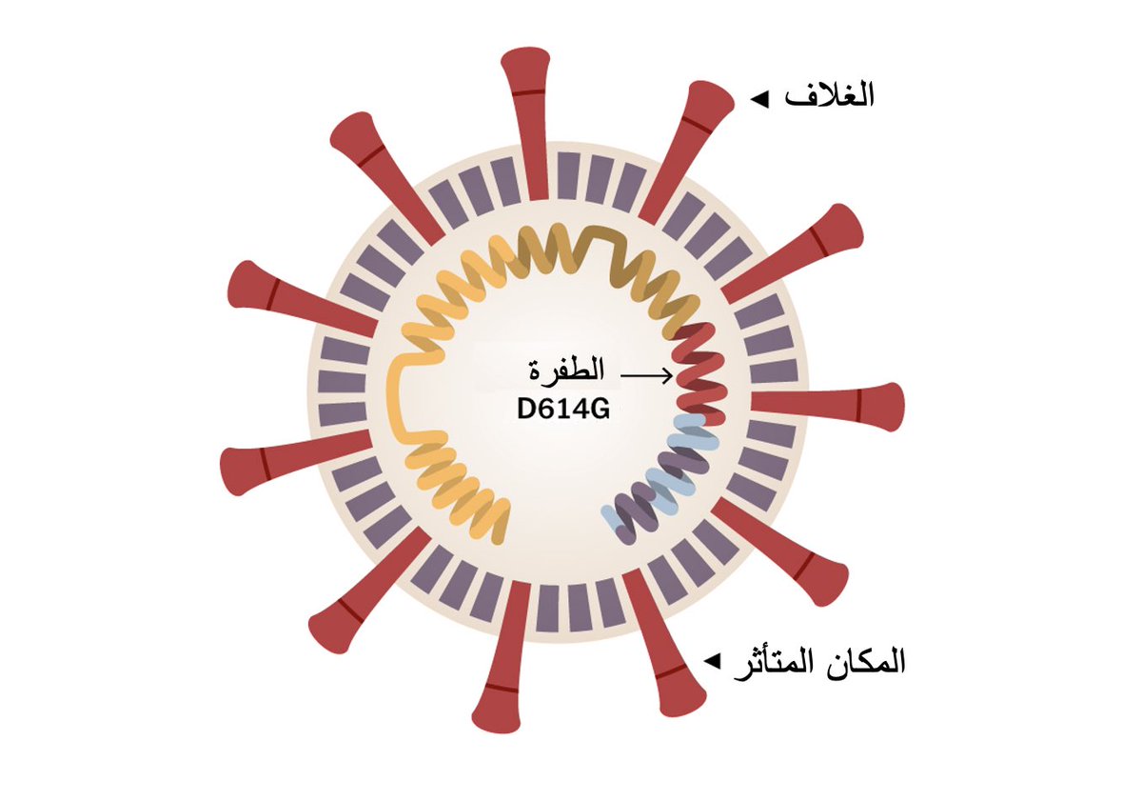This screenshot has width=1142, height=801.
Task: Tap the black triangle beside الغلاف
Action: [x=758, y=98]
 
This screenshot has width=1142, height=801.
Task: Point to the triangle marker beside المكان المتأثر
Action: [x=710, y=659]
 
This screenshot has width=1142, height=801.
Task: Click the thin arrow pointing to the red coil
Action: [x=647, y=377]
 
